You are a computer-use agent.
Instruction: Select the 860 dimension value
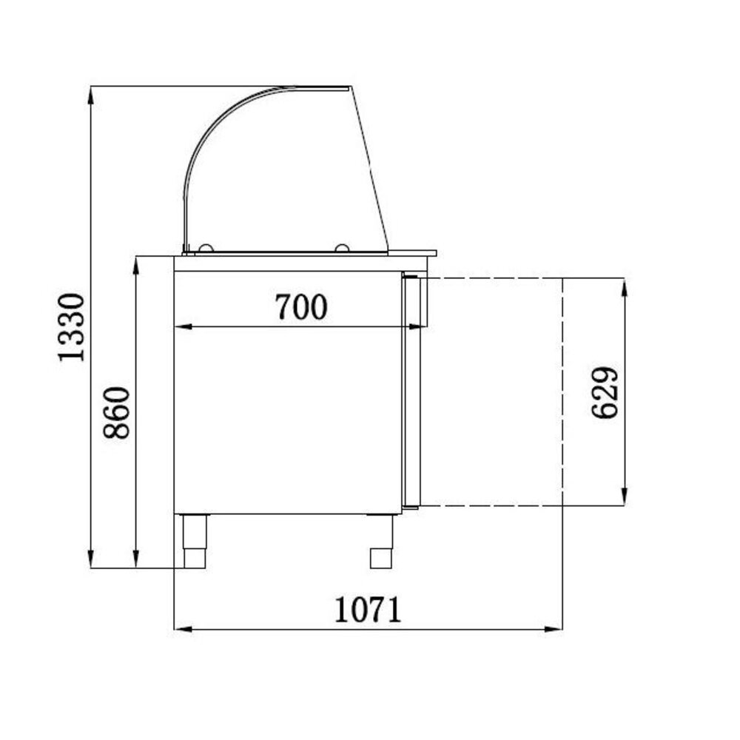pyautogui.click(x=118, y=412)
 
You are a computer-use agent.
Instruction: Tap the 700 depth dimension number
pyautogui.click(x=300, y=306)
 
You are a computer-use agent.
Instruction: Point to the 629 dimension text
pyautogui.click(x=606, y=392)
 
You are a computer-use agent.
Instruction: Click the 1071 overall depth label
pyautogui.click(x=367, y=610)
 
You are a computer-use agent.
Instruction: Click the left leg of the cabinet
pyautogui.click(x=195, y=540)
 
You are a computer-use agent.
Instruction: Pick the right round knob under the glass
pyautogui.click(x=342, y=249)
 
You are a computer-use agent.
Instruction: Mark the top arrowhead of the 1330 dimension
pyautogui.click(x=90, y=93)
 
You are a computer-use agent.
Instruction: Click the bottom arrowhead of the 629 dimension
pyautogui.click(x=625, y=498)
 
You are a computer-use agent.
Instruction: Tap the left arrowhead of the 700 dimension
pyautogui.click(x=182, y=326)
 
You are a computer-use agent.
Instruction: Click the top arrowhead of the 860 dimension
pyautogui.click(x=136, y=264)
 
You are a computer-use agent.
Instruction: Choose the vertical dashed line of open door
pyautogui.click(x=563, y=392)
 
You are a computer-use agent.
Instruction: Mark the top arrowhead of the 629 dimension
pyautogui.click(x=625, y=286)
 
